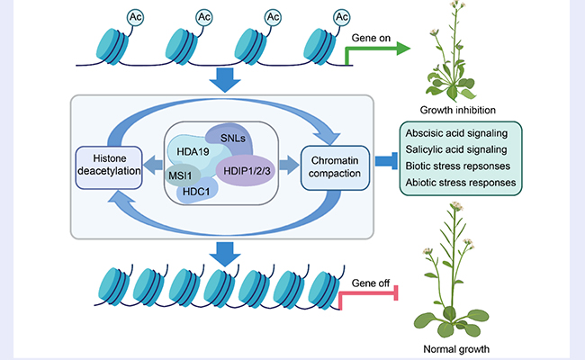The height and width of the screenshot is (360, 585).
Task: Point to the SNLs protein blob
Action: pos(235,137)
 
